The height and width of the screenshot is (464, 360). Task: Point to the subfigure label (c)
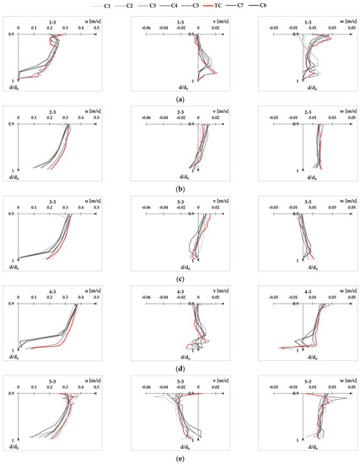[180, 278]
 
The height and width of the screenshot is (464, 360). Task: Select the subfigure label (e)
[180, 456]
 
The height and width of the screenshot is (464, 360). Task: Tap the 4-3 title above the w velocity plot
[298, 291]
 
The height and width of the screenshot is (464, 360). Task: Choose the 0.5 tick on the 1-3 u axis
[97, 29]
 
